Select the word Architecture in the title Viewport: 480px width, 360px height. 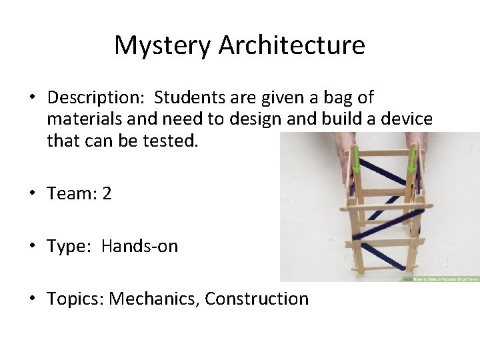[292, 45]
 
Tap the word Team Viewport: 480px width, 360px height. [69, 193]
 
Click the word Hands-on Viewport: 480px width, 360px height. [140, 246]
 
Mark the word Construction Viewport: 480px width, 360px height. [257, 299]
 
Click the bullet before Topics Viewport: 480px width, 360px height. [31, 299]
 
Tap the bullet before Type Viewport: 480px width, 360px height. [31, 246]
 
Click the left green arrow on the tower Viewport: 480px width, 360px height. [357, 160]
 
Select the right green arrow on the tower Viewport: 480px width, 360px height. [412, 160]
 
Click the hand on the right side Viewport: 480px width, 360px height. [418, 150]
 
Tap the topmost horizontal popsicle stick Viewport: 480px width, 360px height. [385, 153]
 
